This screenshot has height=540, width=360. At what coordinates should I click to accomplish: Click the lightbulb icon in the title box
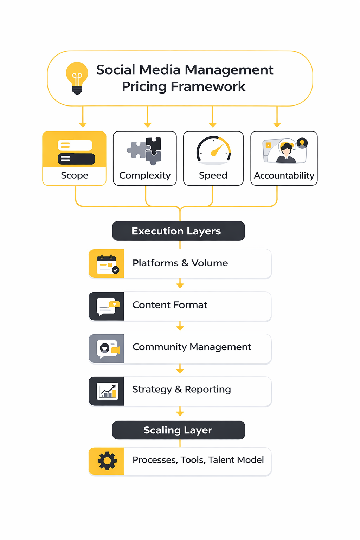[x=77, y=78]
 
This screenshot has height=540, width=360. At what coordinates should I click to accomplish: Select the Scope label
[x=75, y=175]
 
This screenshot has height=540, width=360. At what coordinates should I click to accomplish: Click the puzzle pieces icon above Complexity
[x=145, y=150]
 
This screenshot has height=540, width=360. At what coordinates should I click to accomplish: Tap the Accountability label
[x=284, y=175]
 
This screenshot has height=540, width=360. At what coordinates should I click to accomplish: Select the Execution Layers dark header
[x=178, y=231]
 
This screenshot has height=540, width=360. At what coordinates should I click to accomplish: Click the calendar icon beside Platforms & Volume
[x=107, y=264]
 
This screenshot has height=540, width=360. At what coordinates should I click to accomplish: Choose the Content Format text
[x=170, y=305]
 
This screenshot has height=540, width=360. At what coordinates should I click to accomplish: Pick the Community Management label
[x=192, y=347]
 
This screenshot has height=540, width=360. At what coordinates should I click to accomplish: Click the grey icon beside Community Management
[x=107, y=349]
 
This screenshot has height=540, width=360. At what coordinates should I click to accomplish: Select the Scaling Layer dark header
[x=178, y=430]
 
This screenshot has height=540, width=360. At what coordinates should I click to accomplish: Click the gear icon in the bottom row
[x=107, y=461]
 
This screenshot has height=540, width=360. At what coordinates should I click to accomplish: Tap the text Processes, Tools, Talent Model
[x=198, y=460]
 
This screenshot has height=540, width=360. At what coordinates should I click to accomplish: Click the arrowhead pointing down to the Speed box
[x=213, y=125]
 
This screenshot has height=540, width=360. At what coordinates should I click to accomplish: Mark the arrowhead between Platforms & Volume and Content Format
[x=180, y=285]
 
